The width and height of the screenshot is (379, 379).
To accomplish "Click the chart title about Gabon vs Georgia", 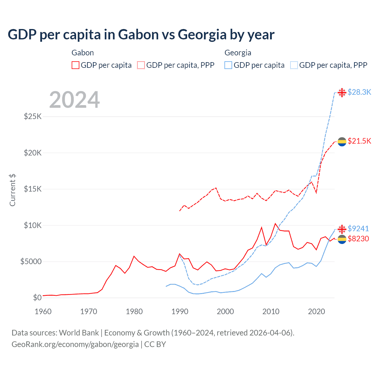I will (x=141, y=35).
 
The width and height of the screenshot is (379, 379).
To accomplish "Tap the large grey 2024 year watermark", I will (x=74, y=100).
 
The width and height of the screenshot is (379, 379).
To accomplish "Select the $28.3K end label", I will (x=359, y=92).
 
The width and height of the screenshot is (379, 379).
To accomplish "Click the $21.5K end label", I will (x=359, y=141).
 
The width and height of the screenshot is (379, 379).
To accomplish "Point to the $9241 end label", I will (x=358, y=229).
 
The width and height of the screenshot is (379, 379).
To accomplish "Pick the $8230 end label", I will (x=358, y=239).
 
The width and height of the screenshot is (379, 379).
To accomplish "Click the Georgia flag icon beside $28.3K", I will (x=342, y=93).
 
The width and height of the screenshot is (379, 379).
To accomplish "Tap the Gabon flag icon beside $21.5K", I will (x=342, y=142).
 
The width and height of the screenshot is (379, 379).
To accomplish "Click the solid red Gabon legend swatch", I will (x=76, y=65).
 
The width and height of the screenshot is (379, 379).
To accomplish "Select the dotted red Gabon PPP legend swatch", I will (x=141, y=65).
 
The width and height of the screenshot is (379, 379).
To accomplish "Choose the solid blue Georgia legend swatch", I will (x=228, y=65).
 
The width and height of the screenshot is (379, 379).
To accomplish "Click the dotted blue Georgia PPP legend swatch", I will (x=294, y=65).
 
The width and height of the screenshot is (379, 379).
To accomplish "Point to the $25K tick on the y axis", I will (x=33, y=116).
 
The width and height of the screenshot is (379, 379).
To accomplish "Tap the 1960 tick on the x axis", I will (x=43, y=311).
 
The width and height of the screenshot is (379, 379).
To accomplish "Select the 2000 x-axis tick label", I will (x=225, y=311).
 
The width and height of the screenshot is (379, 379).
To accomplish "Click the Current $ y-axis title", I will (x=12, y=190).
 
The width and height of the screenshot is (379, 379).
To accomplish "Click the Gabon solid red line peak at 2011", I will (x=275, y=224).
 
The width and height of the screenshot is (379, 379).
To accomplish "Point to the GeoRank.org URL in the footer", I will (x=75, y=344).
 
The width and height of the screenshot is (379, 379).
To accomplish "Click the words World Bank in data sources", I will (x=79, y=333).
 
